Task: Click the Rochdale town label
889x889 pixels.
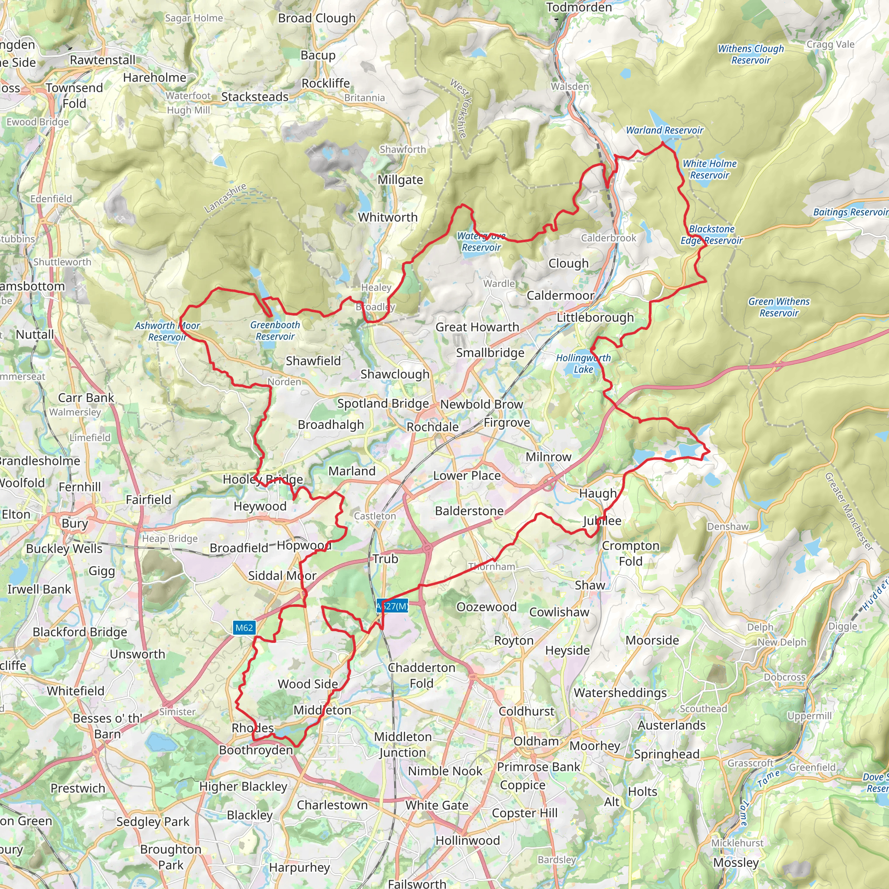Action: click(432, 427)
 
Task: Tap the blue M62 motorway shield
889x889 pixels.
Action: click(244, 628)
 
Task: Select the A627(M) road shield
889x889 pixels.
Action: click(392, 606)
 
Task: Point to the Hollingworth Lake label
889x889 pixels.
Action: click(583, 363)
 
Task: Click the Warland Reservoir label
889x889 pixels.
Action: click(665, 130)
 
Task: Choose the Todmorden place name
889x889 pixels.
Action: click(579, 7)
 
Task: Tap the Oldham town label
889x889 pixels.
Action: click(536, 741)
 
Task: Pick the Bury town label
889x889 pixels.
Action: click(75, 524)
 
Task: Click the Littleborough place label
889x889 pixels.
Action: click(595, 317)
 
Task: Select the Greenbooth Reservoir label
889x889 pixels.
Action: click(275, 330)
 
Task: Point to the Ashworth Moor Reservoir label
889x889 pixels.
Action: click(168, 331)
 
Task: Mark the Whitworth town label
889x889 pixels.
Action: click(388, 217)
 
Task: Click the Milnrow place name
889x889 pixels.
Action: click(549, 457)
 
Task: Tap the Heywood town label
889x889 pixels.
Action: click(260, 506)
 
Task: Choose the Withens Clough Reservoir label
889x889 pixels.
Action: click(751, 54)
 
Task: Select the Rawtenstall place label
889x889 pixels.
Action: click(102, 60)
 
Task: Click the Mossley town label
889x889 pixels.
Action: click(736, 863)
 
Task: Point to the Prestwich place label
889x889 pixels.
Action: click(78, 788)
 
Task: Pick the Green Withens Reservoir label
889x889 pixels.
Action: click(779, 307)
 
